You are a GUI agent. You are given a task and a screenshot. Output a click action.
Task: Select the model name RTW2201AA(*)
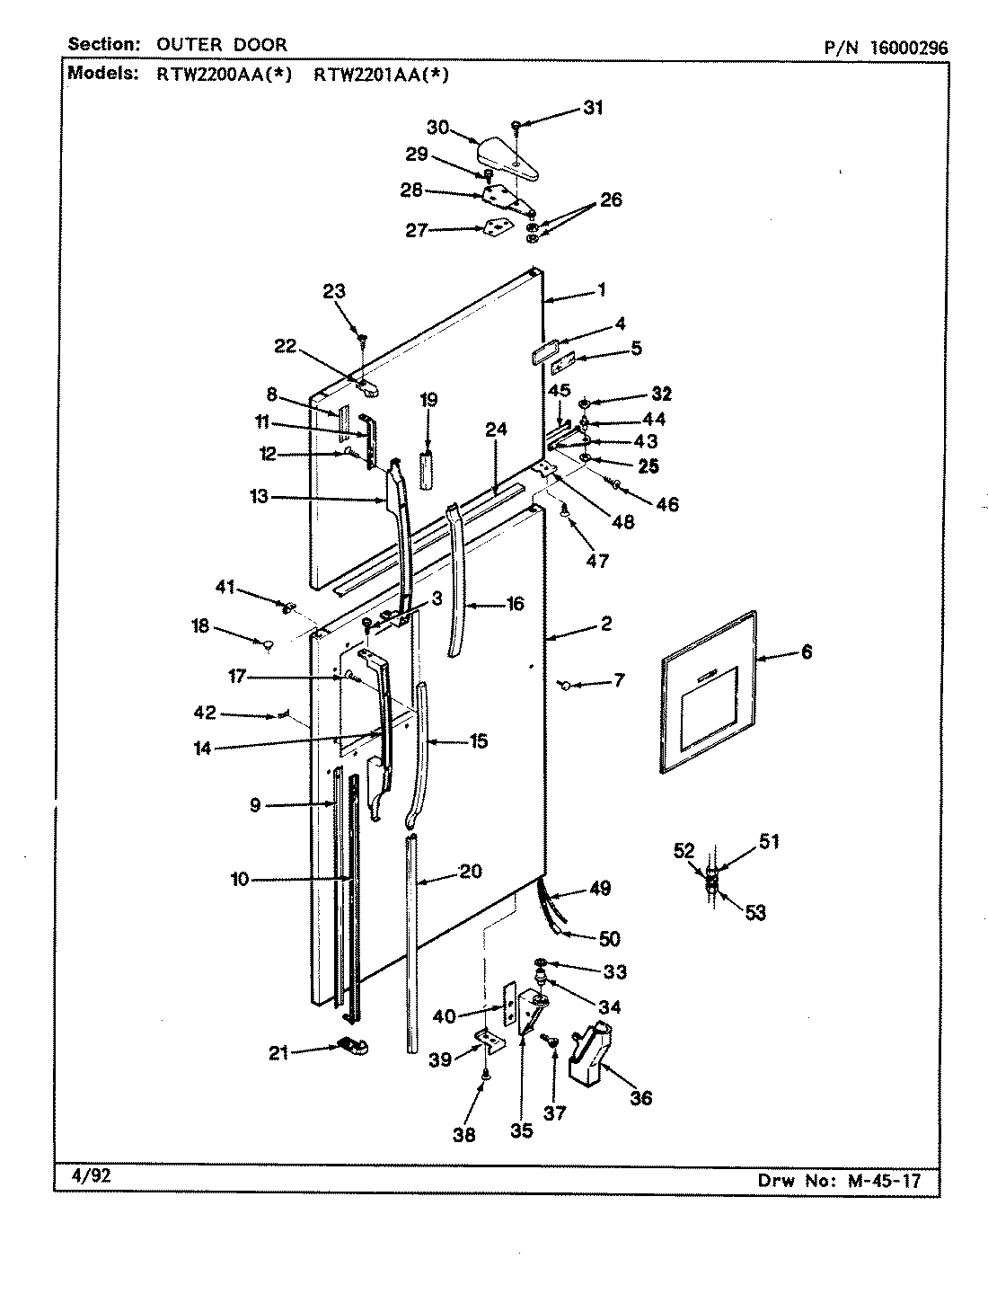coord(381,75)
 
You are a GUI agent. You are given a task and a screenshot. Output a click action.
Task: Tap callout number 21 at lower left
coord(279,1053)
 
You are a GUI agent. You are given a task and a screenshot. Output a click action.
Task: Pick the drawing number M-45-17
coord(887,1181)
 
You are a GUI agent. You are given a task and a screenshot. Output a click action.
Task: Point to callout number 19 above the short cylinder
coord(429,400)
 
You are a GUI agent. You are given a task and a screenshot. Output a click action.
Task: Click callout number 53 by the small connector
coord(755,913)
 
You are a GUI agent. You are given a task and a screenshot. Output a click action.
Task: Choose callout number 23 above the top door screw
coord(334,291)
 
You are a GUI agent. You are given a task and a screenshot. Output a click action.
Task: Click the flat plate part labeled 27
coord(493,229)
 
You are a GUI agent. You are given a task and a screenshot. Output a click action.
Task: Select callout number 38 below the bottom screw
coord(464,1134)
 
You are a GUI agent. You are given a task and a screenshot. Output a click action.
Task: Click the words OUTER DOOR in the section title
coord(222,45)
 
